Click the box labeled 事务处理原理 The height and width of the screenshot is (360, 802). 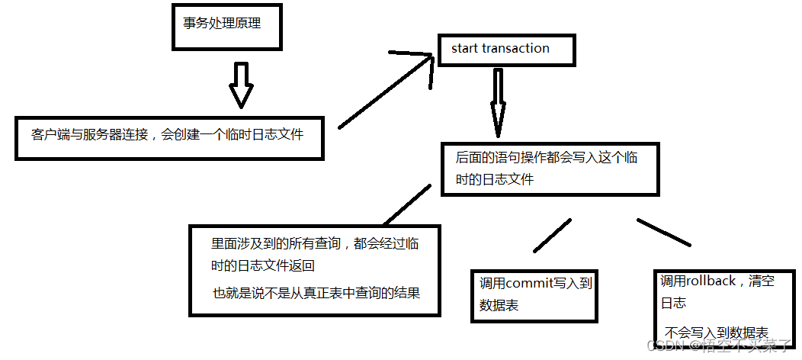(x=221, y=24)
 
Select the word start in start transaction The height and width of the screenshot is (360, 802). (x=464, y=49)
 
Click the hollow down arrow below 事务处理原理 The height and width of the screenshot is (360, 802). (x=241, y=85)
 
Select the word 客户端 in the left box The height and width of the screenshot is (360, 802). (x=50, y=135)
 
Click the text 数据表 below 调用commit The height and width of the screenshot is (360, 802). (x=499, y=306)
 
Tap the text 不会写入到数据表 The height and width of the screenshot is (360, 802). (x=716, y=333)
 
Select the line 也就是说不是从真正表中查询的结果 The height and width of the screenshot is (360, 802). (x=316, y=291)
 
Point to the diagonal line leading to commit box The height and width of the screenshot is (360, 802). (x=551, y=236)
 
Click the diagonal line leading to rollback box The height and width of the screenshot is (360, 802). (x=663, y=233)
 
